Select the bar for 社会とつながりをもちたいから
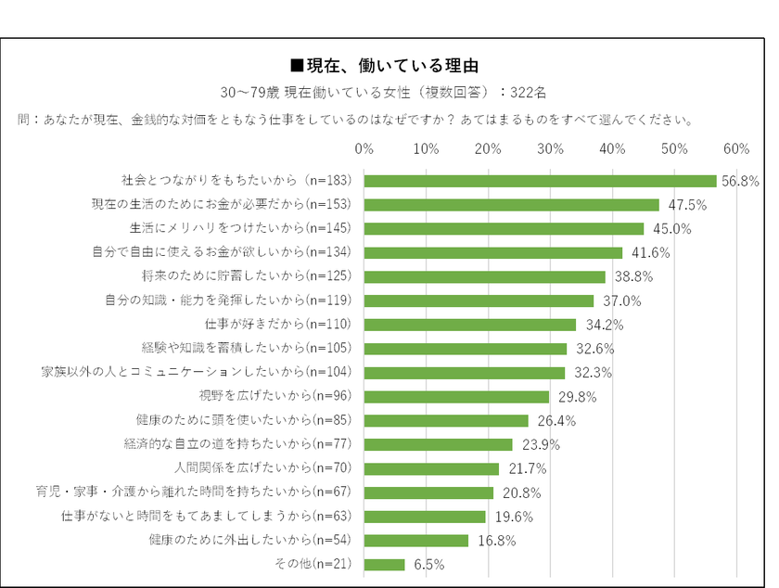(540, 181)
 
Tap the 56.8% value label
(740, 182)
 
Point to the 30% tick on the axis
(550, 148)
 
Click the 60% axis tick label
(735, 148)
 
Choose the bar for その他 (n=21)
(384, 564)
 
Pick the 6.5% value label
(428, 564)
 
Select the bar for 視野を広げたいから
(456, 397)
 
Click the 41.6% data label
(646, 253)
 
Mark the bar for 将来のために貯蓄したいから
(484, 276)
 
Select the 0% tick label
(364, 148)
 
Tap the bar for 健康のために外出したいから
(416, 540)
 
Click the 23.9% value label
(537, 445)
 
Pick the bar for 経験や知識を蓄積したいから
(465, 349)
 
